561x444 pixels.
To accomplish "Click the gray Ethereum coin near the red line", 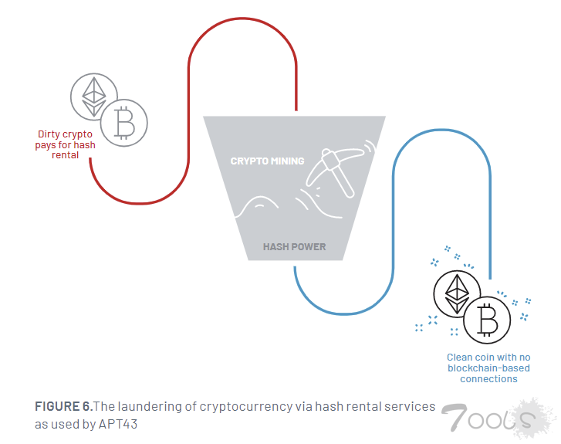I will point(94,97).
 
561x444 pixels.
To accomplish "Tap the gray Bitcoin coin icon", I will point(123,121).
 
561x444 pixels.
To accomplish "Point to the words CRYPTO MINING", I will point(267,161).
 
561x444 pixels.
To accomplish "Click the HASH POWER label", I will point(294,247).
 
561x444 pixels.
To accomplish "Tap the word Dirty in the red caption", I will point(50,134).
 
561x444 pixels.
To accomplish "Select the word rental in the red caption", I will point(66,155).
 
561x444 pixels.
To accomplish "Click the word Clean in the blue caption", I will point(459,358).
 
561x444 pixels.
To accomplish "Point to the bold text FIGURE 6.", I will point(63,406).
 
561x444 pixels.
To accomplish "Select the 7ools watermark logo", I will point(494,419).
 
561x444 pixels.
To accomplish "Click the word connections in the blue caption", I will point(488,379).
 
